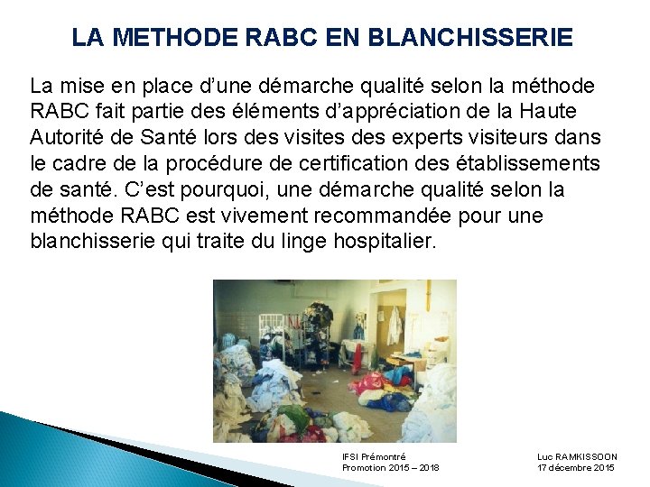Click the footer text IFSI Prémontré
[375, 457]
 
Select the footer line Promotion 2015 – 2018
[390, 468]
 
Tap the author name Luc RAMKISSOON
[577, 457]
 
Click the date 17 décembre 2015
[576, 468]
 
